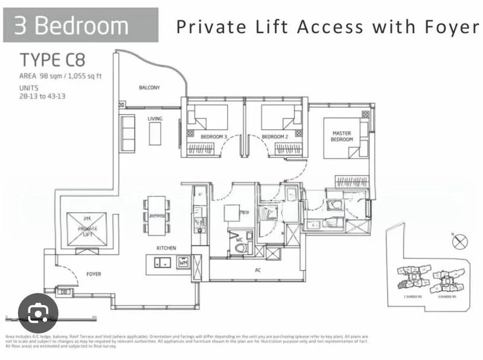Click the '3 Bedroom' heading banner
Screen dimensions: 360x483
[81, 25]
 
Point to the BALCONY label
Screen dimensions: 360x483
[149, 88]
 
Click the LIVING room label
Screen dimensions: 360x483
[155, 119]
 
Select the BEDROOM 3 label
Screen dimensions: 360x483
[214, 137]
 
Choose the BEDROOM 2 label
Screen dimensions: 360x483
[274, 137]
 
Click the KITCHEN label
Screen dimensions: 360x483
[166, 248]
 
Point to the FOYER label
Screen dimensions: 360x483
[93, 274]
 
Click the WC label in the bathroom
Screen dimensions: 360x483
[240, 239]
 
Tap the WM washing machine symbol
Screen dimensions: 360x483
[183, 262]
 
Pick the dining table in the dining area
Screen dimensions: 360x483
[157, 215]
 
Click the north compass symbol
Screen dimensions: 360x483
[459, 242]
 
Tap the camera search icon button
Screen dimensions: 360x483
[38, 312]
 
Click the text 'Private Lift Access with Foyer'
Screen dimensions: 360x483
[327, 27]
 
